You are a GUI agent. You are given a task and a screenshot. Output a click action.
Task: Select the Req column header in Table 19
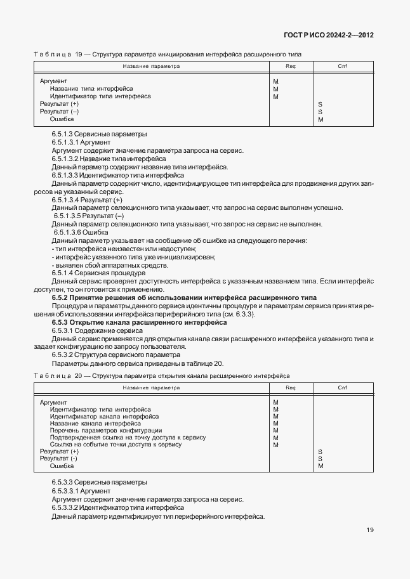[x=291, y=66]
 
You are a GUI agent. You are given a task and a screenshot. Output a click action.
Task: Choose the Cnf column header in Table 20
[x=342, y=387]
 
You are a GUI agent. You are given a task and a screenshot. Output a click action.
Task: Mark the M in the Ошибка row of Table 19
[x=321, y=119]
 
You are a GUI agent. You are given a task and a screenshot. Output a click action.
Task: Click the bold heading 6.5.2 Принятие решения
[x=184, y=297]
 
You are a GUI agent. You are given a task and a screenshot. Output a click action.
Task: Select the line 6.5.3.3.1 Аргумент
[x=81, y=491]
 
